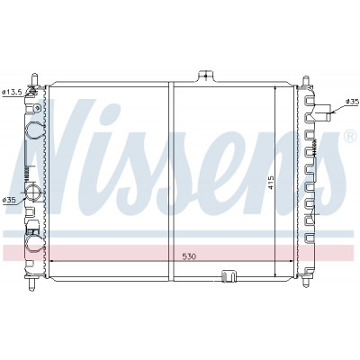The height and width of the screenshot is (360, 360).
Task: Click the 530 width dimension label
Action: tap(189, 256)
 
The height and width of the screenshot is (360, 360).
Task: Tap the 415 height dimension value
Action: tap(271, 183)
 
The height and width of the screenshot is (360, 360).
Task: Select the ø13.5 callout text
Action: tap(12, 93)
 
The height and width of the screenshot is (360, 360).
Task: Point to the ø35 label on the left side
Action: tap(9, 200)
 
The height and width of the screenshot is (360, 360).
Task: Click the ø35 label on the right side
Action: tap(352, 102)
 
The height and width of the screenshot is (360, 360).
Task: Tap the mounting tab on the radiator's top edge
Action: tap(205, 76)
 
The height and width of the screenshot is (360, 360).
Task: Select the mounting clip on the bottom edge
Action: tap(229, 276)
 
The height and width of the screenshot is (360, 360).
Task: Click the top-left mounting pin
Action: tap(35, 79)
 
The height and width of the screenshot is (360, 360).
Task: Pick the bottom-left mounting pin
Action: tap(32, 284)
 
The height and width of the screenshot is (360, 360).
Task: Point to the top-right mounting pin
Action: tap(306, 81)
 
